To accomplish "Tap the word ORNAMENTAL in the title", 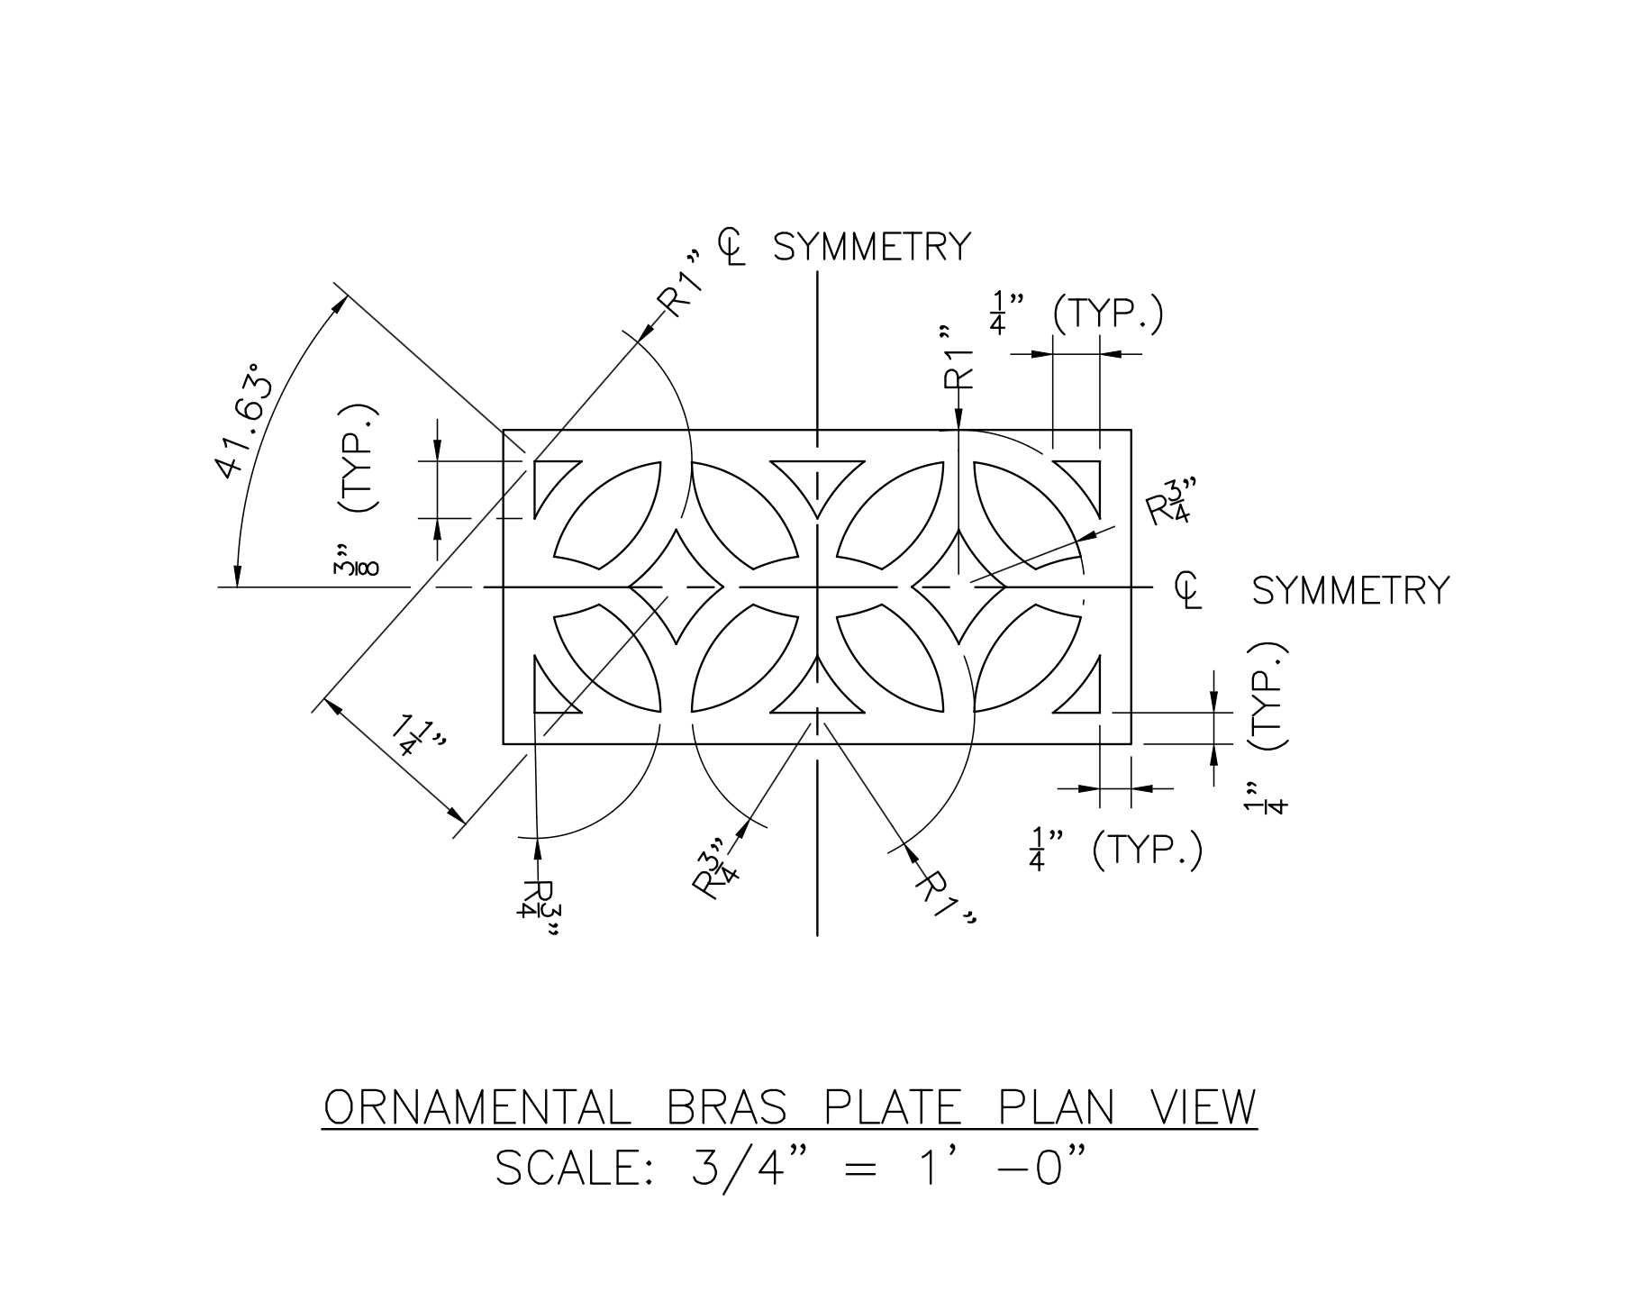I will point(477,1107).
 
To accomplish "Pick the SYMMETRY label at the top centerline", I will point(872,247).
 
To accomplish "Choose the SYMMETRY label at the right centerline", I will point(1351,591).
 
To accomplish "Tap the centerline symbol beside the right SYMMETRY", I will point(1189,590).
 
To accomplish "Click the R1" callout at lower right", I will point(946,897).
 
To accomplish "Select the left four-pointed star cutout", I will point(676,587).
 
